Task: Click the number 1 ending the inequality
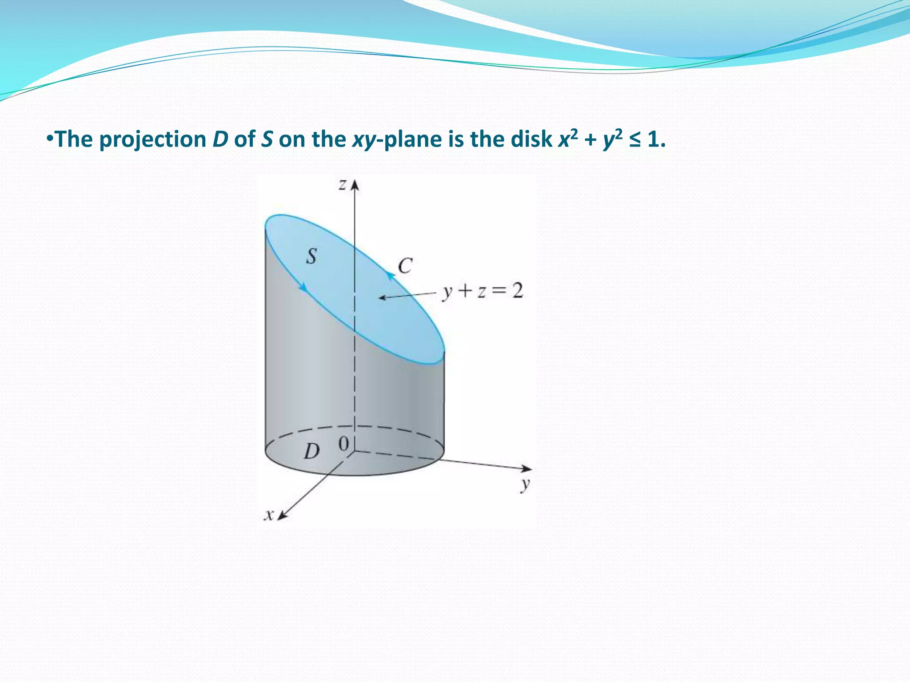pos(652,140)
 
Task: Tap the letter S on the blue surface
pos(311,256)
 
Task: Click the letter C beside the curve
pos(405,266)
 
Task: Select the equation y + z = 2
pos(483,292)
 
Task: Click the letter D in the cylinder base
pos(311,452)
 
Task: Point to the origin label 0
pos(343,444)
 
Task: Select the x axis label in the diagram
pos(268,515)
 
